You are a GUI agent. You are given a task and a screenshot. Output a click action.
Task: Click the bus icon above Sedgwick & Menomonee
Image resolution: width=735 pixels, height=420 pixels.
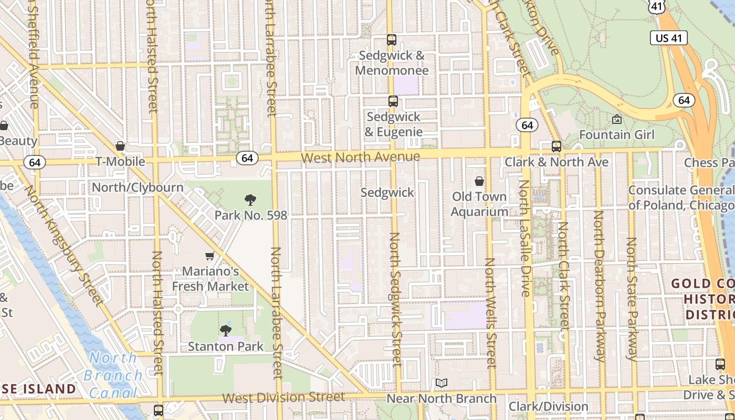[391, 39]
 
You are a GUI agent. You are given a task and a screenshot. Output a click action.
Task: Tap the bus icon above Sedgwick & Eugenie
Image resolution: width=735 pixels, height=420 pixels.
[393, 101]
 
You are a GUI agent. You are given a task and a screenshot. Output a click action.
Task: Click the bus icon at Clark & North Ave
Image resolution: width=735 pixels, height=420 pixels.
[556, 146]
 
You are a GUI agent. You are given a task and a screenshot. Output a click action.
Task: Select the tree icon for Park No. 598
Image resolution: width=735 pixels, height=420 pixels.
[250, 199]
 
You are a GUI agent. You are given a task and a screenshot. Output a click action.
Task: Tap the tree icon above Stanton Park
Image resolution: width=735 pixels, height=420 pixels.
[225, 330]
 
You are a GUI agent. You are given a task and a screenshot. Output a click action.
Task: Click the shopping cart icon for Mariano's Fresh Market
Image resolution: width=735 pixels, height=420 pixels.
[210, 256]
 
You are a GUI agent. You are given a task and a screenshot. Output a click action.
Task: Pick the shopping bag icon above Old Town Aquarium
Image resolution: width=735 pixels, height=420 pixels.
[479, 182]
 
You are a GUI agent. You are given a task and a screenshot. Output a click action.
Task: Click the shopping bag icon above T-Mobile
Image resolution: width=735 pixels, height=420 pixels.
[120, 146]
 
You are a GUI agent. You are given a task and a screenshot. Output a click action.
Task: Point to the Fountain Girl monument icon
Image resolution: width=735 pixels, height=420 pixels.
[617, 120]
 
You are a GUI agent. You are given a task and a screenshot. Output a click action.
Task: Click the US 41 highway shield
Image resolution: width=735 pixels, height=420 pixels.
[669, 38]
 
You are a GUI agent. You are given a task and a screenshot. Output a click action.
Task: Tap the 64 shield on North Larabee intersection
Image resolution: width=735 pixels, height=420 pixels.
[247, 157]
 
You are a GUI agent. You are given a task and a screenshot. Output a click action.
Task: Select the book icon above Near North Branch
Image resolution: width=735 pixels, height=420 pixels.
[442, 383]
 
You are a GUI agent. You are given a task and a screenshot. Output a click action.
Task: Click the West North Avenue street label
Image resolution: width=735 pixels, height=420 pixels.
[360, 156]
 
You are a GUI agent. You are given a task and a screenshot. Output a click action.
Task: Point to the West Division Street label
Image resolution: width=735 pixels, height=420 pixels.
[283, 397]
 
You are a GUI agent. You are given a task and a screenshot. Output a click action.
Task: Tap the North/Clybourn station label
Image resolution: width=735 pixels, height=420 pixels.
[138, 187]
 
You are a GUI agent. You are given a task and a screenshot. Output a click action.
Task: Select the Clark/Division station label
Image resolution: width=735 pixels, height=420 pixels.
[548, 406]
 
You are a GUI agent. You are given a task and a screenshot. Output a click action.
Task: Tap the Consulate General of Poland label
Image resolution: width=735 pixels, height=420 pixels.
[681, 197]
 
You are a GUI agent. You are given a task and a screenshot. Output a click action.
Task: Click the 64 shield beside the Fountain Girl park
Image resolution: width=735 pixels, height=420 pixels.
[684, 100]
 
